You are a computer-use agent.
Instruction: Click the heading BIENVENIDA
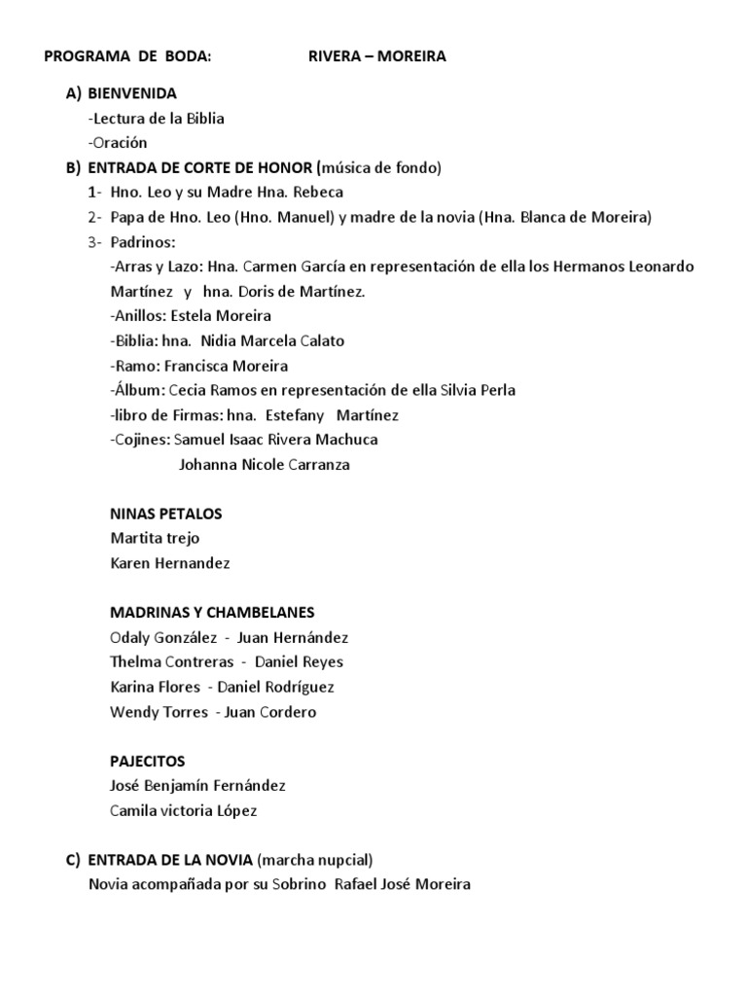132,94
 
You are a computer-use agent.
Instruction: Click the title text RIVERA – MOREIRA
377,56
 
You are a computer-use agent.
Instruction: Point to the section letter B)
74,167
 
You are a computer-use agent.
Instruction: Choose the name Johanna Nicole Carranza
265,465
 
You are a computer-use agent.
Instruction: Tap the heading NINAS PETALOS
167,514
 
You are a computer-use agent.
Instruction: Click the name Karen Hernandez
171,563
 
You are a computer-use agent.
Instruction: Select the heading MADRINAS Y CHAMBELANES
213,613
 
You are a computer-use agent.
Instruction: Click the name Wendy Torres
160,712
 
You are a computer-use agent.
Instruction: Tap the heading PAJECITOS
148,761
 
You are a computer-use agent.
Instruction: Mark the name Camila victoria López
185,810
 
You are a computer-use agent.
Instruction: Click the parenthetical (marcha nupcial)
315,860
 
